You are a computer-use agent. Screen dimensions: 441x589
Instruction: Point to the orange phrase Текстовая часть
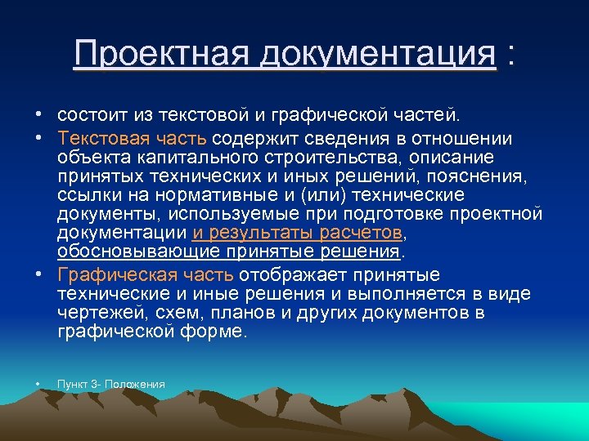(x=133, y=137)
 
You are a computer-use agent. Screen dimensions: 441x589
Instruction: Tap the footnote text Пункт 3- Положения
(x=111, y=384)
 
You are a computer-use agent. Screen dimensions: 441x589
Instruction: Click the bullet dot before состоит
(x=38, y=111)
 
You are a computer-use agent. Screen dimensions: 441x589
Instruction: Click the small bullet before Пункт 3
(x=38, y=384)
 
